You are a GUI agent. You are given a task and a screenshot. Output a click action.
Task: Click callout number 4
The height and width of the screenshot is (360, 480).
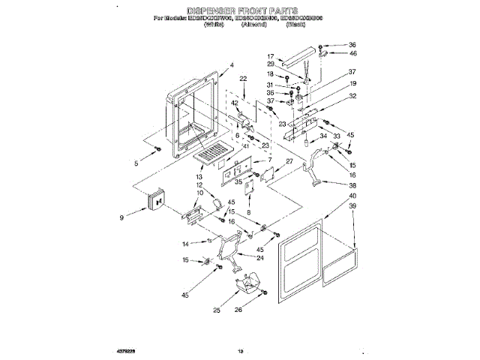tap(232, 64)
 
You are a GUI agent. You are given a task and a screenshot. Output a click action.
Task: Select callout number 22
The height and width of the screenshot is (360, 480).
tap(243, 79)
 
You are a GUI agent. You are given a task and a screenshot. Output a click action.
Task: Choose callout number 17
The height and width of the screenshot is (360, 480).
tap(271, 56)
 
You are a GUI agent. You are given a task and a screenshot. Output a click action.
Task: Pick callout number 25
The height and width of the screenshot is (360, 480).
tap(217, 310)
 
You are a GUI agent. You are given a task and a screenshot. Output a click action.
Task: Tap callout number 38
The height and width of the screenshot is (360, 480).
tap(352, 185)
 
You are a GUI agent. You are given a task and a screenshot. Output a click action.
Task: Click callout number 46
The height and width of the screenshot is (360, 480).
tap(353, 54)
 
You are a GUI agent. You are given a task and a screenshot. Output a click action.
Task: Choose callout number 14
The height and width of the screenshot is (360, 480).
tap(184, 244)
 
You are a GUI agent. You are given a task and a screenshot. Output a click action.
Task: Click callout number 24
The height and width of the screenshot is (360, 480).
tap(260, 258)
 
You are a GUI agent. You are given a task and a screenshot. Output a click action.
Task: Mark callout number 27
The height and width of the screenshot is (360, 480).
tap(288, 161)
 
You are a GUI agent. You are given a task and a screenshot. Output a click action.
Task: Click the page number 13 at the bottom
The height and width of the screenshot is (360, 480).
tap(241, 351)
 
